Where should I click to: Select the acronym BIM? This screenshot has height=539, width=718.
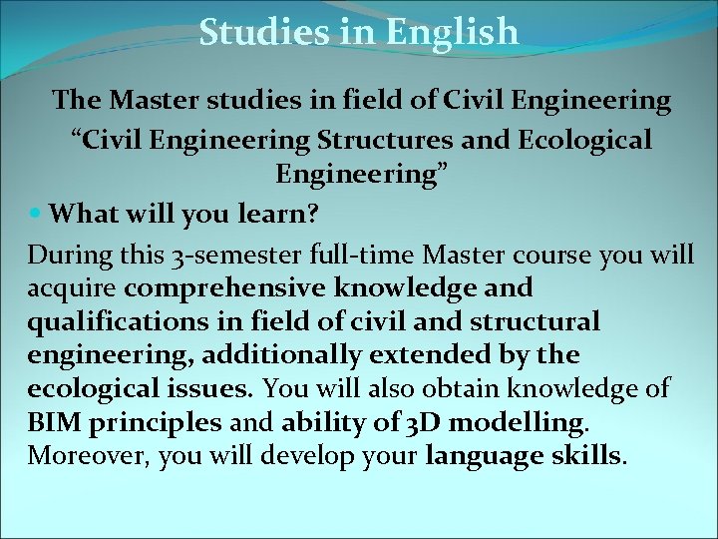55,423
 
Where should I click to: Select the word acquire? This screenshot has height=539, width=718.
73,288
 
